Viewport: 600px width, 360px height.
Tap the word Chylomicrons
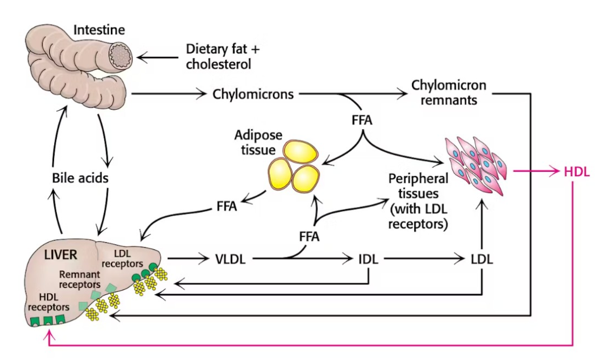[x=254, y=94]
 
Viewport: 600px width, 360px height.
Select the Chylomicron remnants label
[x=448, y=92]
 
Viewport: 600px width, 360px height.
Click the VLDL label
[x=230, y=259]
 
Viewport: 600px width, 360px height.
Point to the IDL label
[x=368, y=259]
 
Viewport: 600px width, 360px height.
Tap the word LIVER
[x=60, y=254]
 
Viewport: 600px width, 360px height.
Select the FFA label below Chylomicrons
[x=362, y=119]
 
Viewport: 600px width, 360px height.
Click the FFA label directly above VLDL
[x=309, y=236]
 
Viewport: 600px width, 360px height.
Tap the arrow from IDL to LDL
[x=422, y=259]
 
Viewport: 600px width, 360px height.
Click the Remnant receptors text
[x=79, y=278]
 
